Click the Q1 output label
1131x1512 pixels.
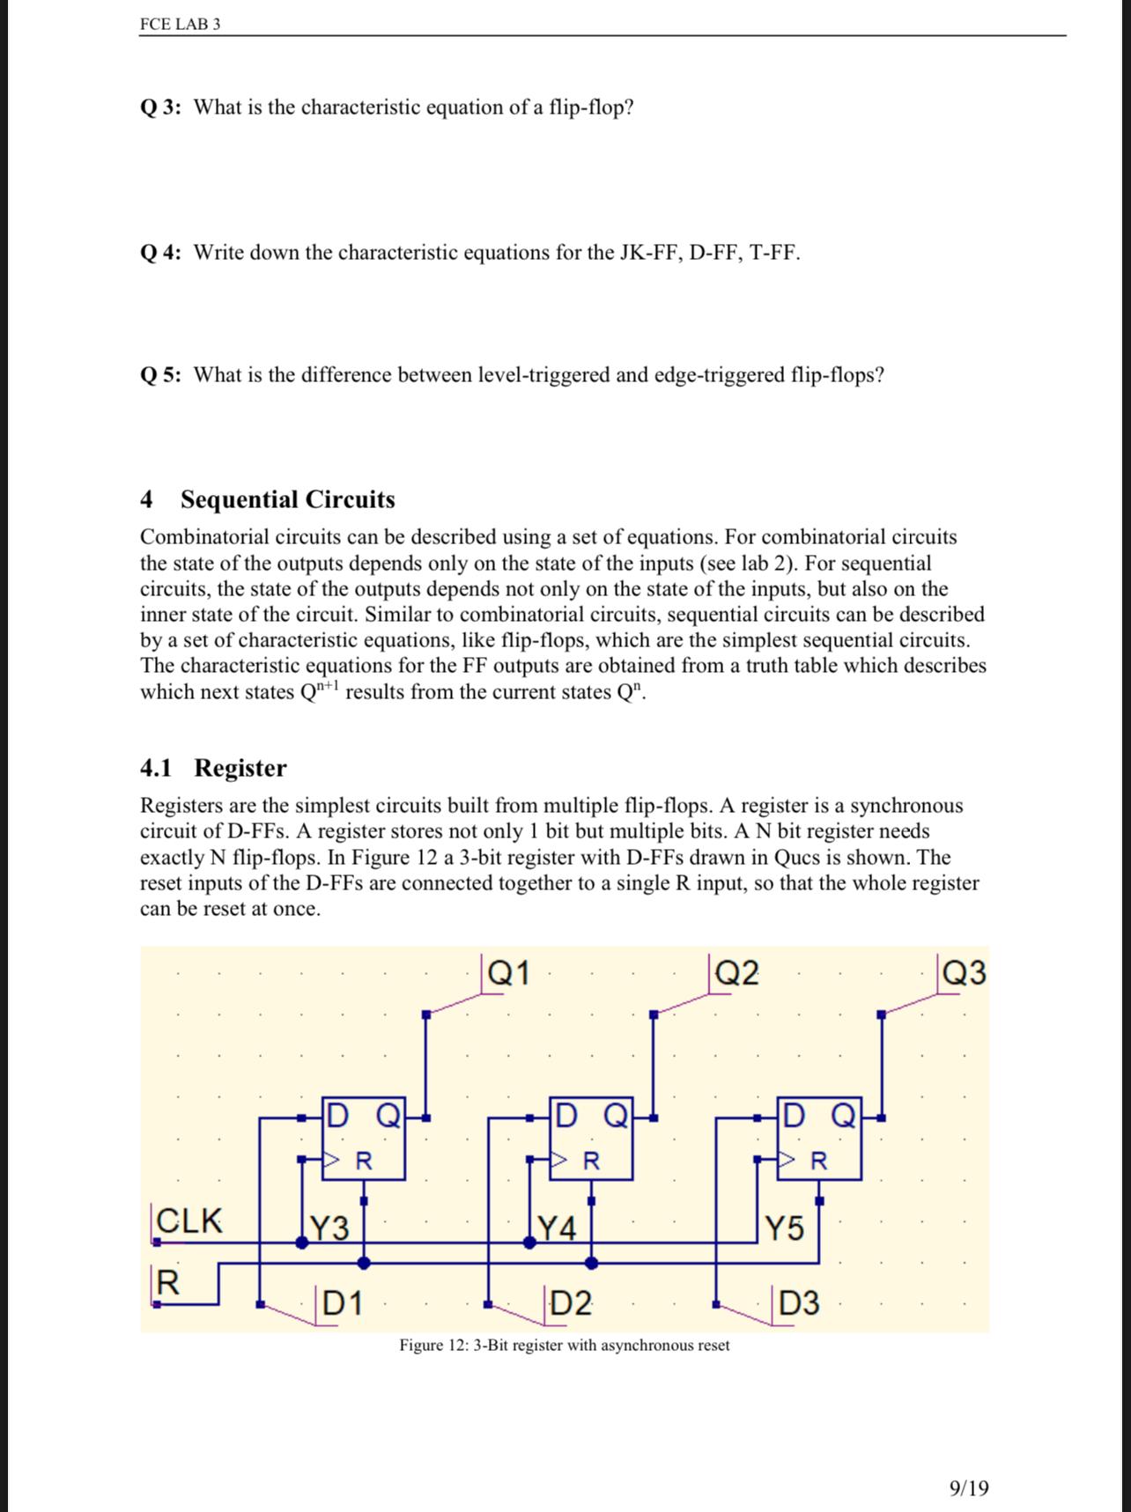pos(509,973)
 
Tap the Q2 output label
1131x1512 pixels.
pos(736,973)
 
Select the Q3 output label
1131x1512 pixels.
pos(964,973)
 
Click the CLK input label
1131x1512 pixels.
pos(188,1221)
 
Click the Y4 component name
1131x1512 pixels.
pos(557,1227)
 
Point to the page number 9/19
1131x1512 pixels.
pos(969,1487)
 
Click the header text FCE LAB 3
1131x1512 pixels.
pos(180,24)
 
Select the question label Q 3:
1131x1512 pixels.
pos(161,107)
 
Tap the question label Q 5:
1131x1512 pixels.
pos(161,375)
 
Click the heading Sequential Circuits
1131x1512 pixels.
pos(287,499)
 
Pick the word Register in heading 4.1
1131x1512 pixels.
pos(240,768)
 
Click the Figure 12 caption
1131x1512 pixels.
pos(564,1345)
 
